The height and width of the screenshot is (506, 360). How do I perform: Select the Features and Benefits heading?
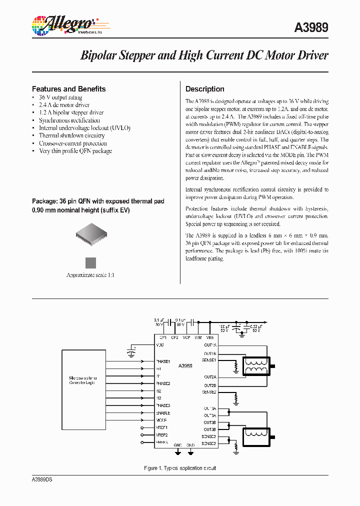pyautogui.click(x=69, y=89)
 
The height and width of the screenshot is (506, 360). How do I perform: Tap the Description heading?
pyautogui.click(x=205, y=89)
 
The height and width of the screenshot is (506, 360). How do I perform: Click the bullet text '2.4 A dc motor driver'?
pyautogui.click(x=64, y=105)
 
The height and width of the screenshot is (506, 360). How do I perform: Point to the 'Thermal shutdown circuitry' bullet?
pyautogui.click(x=71, y=135)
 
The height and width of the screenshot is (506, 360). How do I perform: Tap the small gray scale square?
pyautogui.click(x=90, y=262)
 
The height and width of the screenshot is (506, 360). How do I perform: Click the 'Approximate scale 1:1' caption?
pyautogui.click(x=90, y=275)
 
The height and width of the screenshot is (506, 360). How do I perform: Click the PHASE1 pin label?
pyautogui.click(x=163, y=361)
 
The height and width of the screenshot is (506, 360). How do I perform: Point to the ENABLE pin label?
pyautogui.click(x=163, y=413)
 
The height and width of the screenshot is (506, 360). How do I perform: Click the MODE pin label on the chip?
pyautogui.click(x=162, y=420)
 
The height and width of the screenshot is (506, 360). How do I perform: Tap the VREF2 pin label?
pyautogui.click(x=161, y=435)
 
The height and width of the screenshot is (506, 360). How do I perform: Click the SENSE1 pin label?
pyautogui.click(x=209, y=360)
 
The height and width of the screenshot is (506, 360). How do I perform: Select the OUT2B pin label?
pyautogui.click(x=210, y=385)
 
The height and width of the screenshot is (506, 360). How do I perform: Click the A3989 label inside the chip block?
pyautogui.click(x=185, y=366)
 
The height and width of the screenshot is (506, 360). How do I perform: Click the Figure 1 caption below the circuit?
pyautogui.click(x=180, y=468)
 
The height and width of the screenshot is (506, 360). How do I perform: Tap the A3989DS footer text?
pyautogui.click(x=42, y=479)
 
